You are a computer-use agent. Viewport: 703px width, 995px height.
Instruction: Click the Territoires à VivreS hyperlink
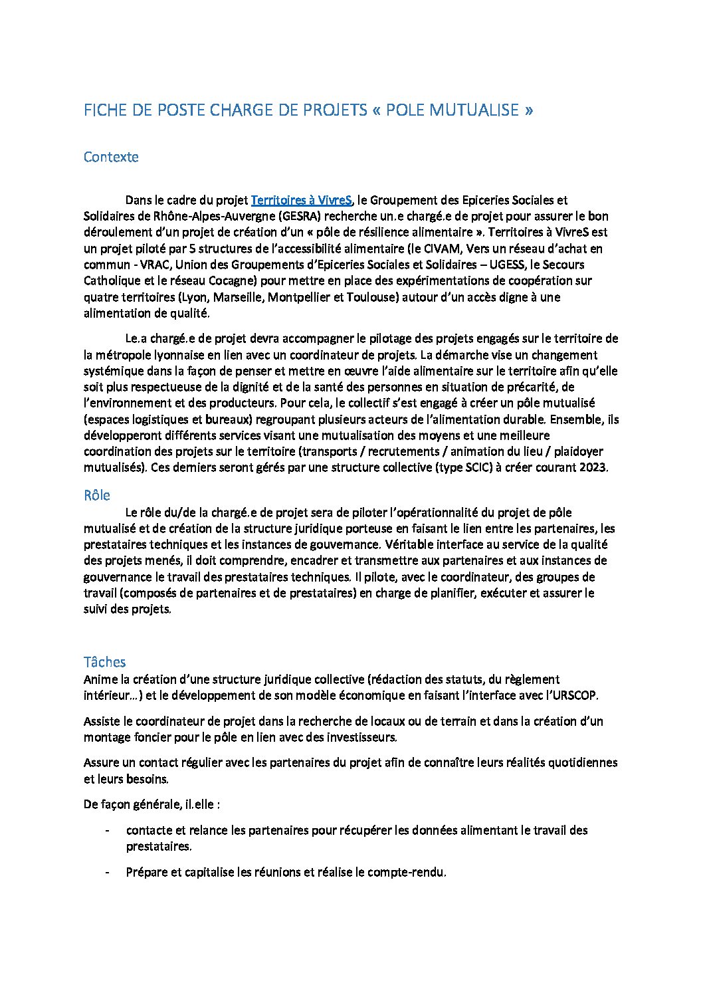[x=301, y=200]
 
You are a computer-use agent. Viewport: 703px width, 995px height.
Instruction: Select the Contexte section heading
[x=111, y=157]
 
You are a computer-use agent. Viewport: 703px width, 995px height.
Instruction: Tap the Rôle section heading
[x=97, y=495]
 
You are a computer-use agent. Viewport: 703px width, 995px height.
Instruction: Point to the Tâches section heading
[x=104, y=661]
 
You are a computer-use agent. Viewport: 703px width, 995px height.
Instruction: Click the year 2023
[x=592, y=467]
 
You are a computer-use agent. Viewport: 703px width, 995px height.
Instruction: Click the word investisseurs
[x=363, y=737]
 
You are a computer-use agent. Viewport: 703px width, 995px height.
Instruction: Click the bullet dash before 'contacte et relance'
[x=107, y=830]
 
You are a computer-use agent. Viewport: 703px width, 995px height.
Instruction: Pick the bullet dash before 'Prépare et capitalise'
[x=107, y=872]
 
